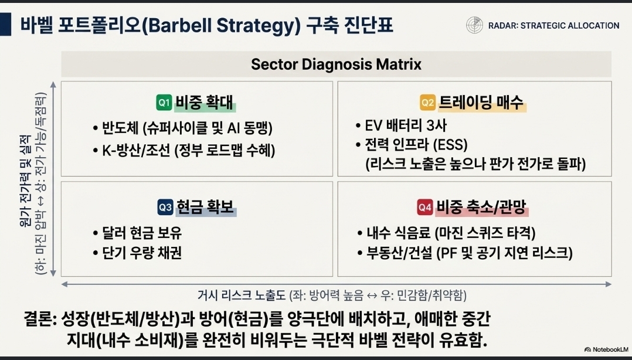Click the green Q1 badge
(164, 103)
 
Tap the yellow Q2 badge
(427, 103)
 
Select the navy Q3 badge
(165, 207)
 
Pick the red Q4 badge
(425, 207)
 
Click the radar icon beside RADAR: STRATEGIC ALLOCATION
(474, 25)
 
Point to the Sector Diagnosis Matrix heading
(336, 64)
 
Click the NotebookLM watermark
(606, 349)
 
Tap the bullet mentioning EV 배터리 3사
(401, 125)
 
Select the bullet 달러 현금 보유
(137, 233)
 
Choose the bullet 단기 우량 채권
(137, 253)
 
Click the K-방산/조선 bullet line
(184, 151)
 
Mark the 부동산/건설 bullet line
(465, 253)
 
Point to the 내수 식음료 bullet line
(446, 233)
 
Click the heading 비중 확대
(205, 103)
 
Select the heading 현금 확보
(205, 207)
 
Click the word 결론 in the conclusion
(38, 319)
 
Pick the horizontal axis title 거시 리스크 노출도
(242, 296)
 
